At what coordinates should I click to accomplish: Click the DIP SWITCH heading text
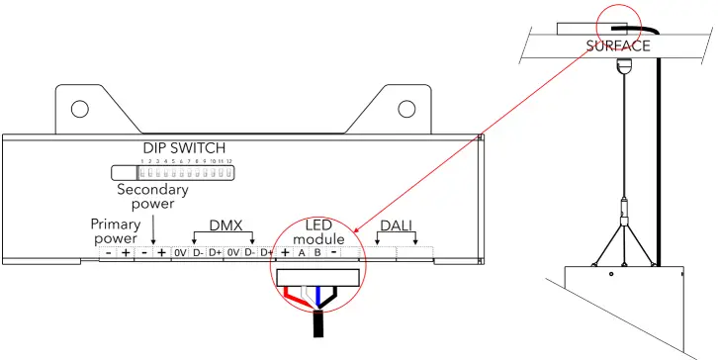[186, 148]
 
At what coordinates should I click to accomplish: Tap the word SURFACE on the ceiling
[617, 45]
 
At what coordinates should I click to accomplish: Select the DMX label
[225, 226]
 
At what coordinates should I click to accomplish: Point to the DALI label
[396, 226]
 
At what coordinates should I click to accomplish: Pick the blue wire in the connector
[315, 296]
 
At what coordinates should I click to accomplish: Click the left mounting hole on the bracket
[80, 108]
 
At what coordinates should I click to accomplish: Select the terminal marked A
[302, 253]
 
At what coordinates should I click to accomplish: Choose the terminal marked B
[317, 253]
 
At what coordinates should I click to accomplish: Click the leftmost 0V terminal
[180, 253]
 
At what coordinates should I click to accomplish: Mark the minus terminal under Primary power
[108, 253]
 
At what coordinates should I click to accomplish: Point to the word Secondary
[152, 189]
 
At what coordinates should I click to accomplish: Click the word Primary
[115, 225]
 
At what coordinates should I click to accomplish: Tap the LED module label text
[317, 233]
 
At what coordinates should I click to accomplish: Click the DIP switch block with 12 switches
[185, 170]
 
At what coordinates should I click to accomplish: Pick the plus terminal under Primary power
[126, 253]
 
